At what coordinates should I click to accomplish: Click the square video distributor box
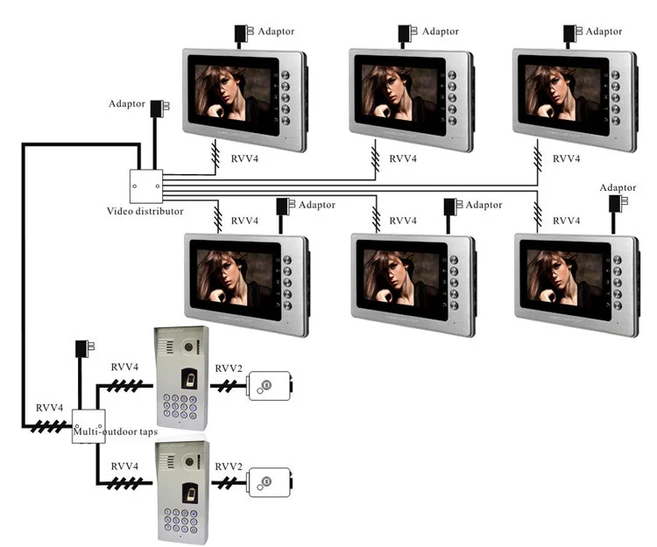click(145, 186)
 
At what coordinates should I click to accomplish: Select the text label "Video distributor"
click(145, 211)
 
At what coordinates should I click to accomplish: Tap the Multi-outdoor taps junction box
click(88, 426)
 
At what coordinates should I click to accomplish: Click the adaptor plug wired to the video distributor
click(159, 109)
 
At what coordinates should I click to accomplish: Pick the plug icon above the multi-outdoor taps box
click(84, 348)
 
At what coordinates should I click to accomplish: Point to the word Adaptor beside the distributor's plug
click(126, 104)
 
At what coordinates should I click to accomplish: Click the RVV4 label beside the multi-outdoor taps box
click(49, 408)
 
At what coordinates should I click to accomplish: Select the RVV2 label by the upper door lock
click(229, 368)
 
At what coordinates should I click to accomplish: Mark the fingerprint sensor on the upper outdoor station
click(190, 379)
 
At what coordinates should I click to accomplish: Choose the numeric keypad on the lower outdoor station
click(180, 521)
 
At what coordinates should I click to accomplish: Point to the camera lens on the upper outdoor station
click(189, 347)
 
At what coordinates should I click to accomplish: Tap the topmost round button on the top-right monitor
click(615, 75)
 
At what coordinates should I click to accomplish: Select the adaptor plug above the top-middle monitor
click(406, 33)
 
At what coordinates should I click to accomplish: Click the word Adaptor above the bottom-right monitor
click(618, 187)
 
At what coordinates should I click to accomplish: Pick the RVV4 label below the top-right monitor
click(566, 158)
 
